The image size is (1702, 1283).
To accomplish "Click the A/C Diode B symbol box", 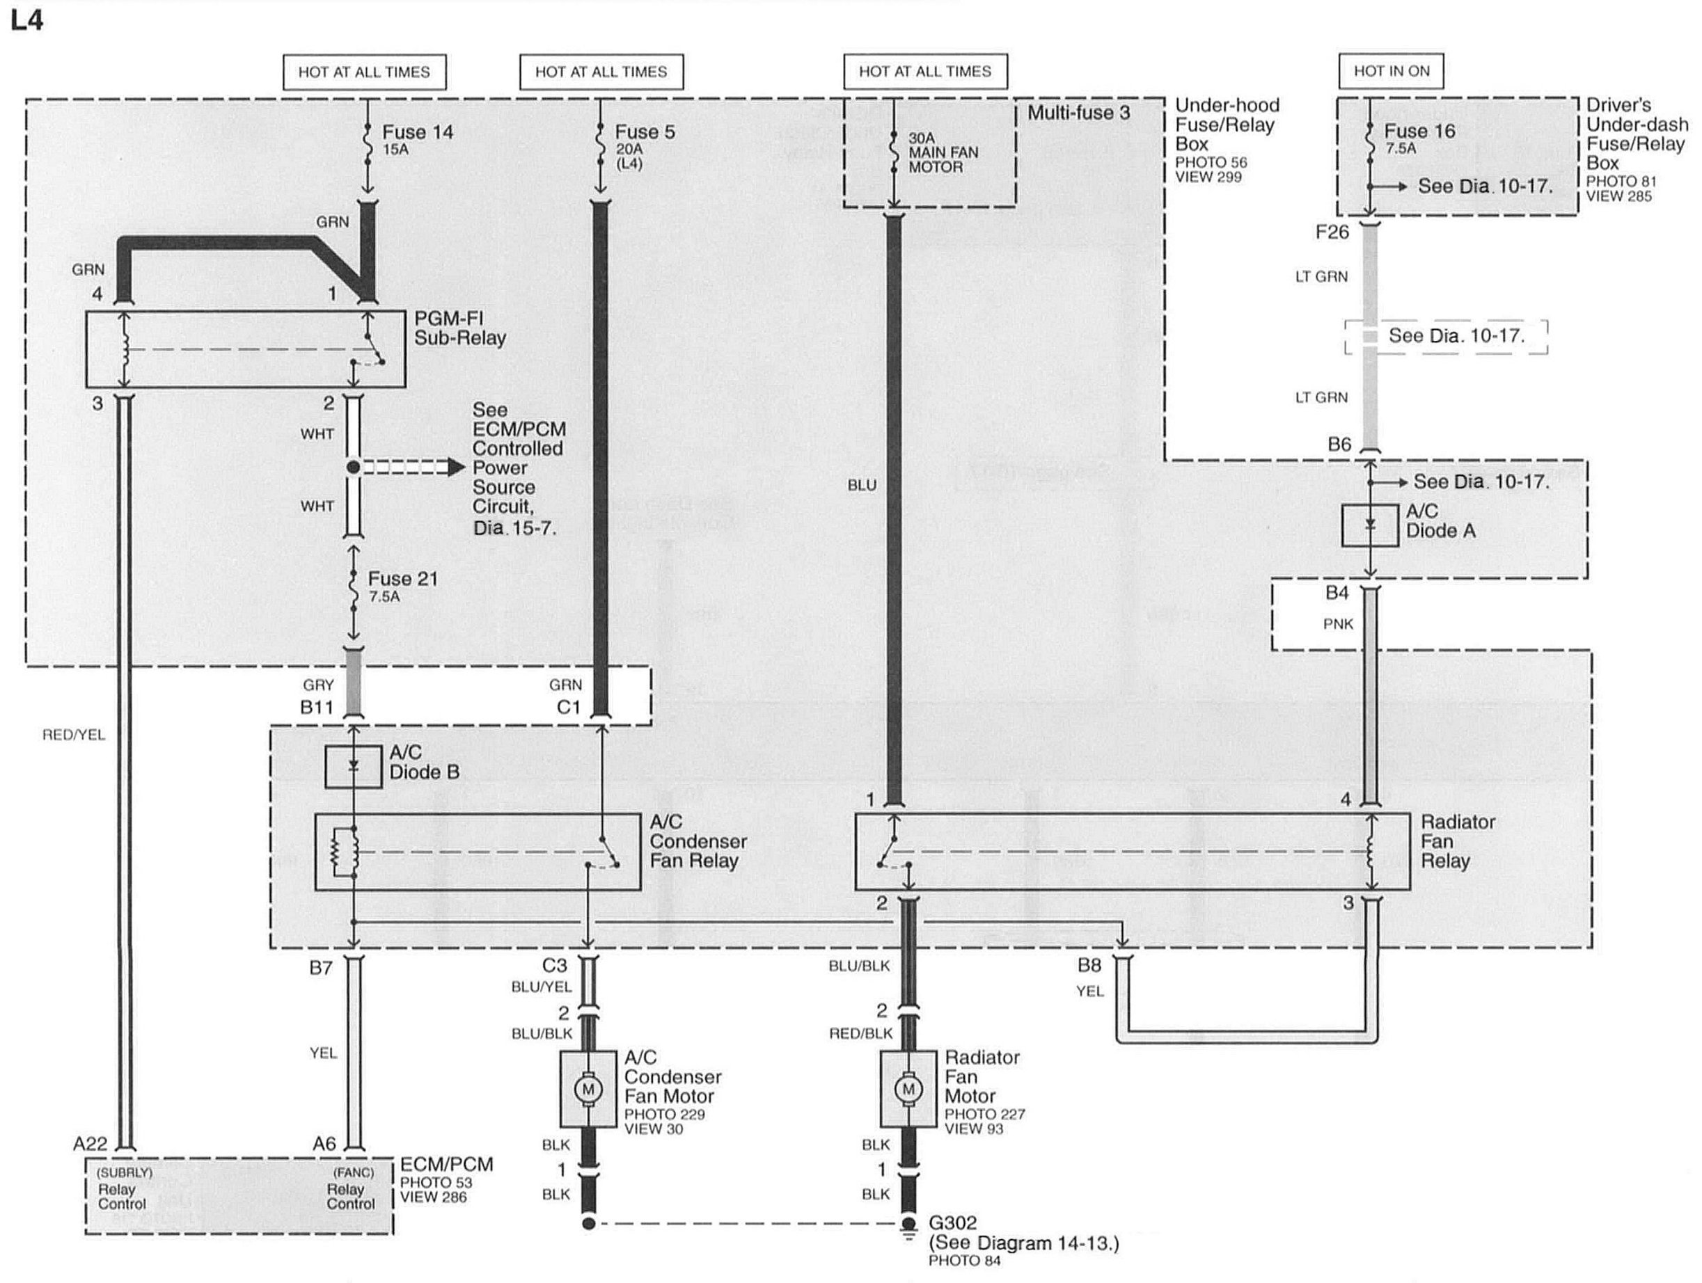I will tap(353, 766).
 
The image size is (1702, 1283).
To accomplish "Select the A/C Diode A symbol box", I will tap(1369, 525).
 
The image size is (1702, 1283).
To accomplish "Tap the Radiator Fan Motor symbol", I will tap(908, 1088).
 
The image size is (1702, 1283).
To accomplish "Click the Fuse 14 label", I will tap(417, 132).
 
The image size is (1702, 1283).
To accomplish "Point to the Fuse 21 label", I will tap(402, 578).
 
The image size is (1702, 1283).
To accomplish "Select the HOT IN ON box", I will tap(1391, 72).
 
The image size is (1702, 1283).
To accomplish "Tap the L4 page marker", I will tap(27, 20).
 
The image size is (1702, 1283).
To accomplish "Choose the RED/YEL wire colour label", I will tap(74, 735).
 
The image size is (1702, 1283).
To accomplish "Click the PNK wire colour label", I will tap(1338, 624).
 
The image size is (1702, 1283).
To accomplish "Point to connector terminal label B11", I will tap(316, 707).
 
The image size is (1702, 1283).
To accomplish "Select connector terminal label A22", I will tap(90, 1144).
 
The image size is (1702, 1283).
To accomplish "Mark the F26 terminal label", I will tap(1332, 232).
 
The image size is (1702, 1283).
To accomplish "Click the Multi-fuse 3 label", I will tap(1079, 113).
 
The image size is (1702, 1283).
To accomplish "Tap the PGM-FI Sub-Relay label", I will tap(459, 328).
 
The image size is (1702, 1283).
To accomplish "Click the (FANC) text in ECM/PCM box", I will tap(353, 1172).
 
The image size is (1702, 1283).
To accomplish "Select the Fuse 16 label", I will tap(1419, 132).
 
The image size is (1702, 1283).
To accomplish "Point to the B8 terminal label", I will tap(1089, 964).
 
